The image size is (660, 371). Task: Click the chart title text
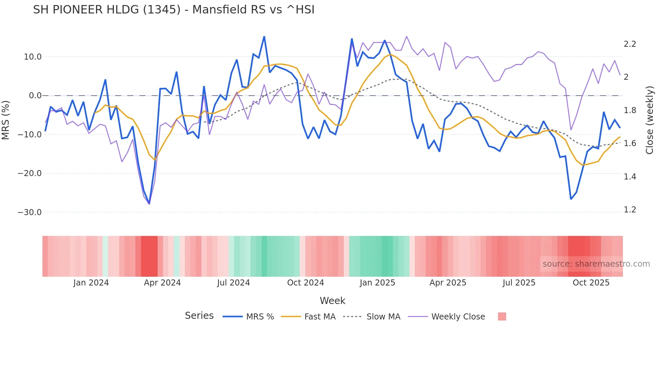coord(173,10)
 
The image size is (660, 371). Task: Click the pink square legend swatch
coord(502,316)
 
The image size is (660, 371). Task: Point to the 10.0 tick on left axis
coord(33,57)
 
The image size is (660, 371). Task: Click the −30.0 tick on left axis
coord(30,212)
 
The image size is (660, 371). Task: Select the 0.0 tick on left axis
coord(35,96)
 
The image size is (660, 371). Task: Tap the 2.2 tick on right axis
coord(630,44)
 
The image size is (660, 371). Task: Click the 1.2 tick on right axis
coord(630,210)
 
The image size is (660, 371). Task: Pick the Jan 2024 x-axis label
coord(91,283)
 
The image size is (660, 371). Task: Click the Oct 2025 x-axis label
coord(591,283)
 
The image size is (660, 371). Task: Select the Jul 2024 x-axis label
coord(233,283)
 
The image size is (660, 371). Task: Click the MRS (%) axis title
coord(6,120)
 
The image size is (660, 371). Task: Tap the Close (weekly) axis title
coord(650,120)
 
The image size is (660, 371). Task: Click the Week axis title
coord(332,301)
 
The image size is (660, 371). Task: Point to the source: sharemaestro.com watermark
coord(596,264)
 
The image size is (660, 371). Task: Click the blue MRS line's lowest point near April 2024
coord(149,203)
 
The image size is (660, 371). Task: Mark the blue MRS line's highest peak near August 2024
coord(264,36)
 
